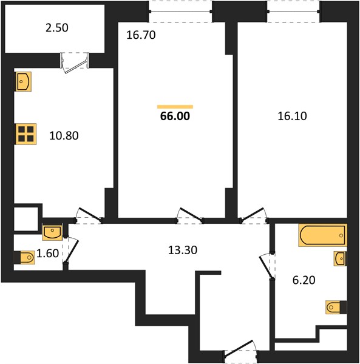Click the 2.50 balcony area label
pyautogui.click(x=57, y=28)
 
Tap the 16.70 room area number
pyautogui.click(x=141, y=35)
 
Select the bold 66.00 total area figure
pyautogui.click(x=175, y=116)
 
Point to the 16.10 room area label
pyautogui.click(x=292, y=116)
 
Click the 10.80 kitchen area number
pyautogui.click(x=64, y=135)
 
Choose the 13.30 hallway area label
pyautogui.click(x=183, y=250)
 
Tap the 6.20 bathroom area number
pyautogui.click(x=304, y=280)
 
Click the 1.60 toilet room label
pyautogui.click(x=48, y=253)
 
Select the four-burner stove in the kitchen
pyautogui.click(x=26, y=134)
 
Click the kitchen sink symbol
pyautogui.click(x=24, y=81)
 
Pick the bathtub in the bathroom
pyautogui.click(x=323, y=235)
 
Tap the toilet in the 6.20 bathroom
pyautogui.click(x=336, y=307)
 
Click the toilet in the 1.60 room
pyautogui.click(x=24, y=257)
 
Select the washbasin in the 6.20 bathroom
pyautogui.click(x=340, y=258)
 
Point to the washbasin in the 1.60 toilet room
pyautogui.click(x=52, y=232)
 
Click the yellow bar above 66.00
pyautogui.click(x=175, y=107)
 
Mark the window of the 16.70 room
pyautogui.click(x=181, y=12)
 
